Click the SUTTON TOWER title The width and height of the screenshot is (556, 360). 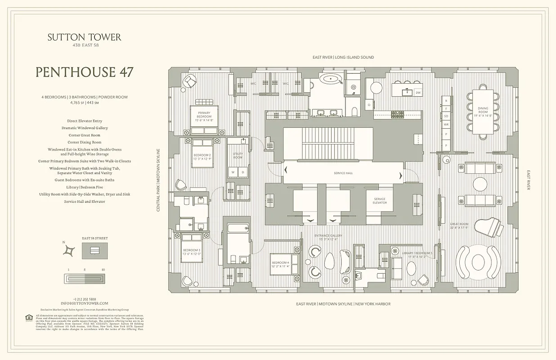point(84,37)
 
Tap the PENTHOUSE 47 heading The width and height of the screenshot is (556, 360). point(84,72)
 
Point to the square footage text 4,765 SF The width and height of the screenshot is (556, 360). point(74,103)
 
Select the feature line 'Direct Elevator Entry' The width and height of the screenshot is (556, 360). point(84,121)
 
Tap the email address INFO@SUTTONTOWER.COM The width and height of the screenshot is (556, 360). point(84,303)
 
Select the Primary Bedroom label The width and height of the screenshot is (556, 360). point(204,115)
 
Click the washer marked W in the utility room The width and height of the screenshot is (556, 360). point(233,172)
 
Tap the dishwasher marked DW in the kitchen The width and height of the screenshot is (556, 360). point(418,93)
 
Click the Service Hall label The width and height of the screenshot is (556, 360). point(343,173)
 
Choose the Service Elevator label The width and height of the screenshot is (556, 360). point(379,201)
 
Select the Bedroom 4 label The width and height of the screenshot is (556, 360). point(280,264)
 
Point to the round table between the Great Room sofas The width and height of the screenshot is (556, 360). point(480,184)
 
